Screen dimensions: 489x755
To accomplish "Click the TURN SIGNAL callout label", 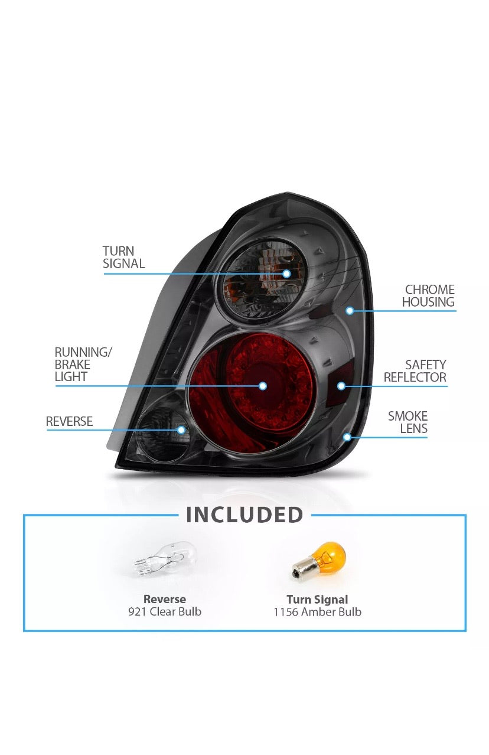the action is click(x=123, y=257).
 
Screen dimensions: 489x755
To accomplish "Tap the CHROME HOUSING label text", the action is click(x=428, y=295).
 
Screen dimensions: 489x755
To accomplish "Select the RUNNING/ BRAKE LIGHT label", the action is click(x=83, y=365).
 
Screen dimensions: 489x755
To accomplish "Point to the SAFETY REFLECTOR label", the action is click(x=415, y=371).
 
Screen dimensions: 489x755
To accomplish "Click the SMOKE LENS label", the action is click(x=407, y=422).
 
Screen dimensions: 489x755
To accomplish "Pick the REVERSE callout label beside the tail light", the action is click(x=69, y=421).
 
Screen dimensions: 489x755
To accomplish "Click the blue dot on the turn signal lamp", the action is click(x=286, y=274).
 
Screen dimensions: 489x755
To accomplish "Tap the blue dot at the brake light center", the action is click(x=263, y=386).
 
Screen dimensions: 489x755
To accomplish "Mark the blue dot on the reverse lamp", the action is click(x=181, y=429).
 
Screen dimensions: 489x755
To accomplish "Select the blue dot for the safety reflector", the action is click(x=341, y=386).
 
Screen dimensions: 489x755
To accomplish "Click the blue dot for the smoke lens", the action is click(x=347, y=437).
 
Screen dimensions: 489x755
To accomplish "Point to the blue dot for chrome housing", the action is click(x=350, y=310).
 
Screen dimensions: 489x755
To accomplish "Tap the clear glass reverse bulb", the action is click(x=165, y=560).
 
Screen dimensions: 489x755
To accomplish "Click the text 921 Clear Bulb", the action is click(x=165, y=611).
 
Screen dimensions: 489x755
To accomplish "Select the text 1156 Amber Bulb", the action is click(x=318, y=612).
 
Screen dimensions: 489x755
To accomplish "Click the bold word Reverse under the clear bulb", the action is click(x=164, y=599).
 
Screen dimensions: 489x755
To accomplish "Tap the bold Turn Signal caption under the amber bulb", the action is click(x=318, y=599).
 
